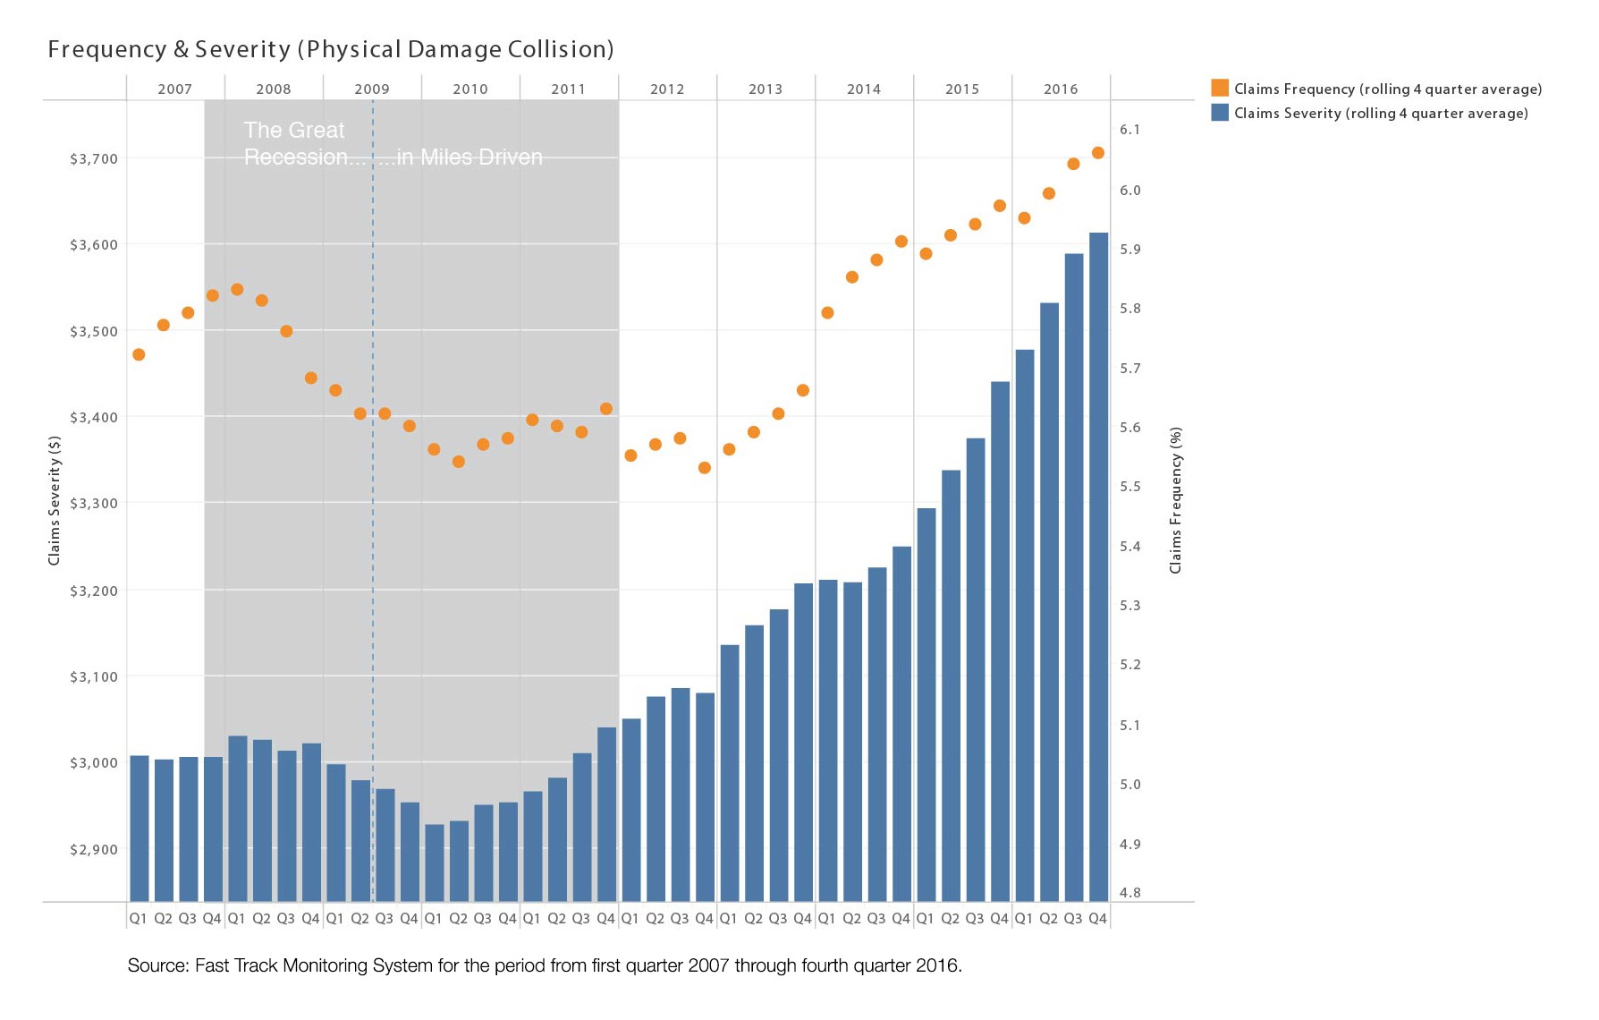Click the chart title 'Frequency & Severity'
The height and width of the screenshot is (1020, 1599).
(169, 49)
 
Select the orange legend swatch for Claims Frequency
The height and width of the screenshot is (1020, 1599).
(1219, 88)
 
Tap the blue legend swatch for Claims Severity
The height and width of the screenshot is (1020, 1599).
(1219, 113)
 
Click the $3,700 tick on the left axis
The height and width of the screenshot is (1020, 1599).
(94, 159)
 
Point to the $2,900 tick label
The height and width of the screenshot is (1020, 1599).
(94, 849)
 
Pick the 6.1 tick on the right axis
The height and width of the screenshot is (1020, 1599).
(1130, 130)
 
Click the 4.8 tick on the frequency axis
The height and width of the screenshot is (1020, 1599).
(1130, 892)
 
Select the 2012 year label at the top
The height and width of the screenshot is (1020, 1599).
(667, 89)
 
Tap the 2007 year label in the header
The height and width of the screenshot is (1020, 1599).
(175, 89)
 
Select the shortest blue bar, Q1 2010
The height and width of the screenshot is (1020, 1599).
(435, 863)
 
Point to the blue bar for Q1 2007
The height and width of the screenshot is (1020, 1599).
(140, 828)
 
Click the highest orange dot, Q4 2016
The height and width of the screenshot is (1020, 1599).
(1098, 153)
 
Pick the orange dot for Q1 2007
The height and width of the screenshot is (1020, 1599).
(139, 354)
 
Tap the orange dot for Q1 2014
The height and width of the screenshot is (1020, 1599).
(827, 313)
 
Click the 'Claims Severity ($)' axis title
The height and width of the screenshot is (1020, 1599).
(55, 501)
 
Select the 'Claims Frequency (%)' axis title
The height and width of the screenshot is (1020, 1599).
(1176, 500)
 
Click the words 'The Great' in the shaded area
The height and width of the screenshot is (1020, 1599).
(293, 131)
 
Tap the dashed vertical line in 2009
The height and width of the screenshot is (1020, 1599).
(373, 537)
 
